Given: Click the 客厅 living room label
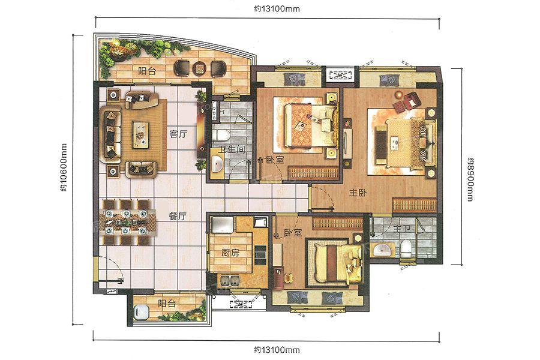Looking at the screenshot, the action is (178, 134).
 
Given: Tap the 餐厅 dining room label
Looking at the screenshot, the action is (178, 217).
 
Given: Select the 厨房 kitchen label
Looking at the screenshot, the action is (230, 253).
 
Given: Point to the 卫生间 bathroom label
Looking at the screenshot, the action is (232, 149).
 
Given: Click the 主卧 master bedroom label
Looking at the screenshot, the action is (358, 193).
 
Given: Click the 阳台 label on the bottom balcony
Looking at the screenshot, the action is (167, 304).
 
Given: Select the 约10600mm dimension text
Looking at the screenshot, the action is (64, 167).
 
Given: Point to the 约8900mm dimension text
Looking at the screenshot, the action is (470, 179).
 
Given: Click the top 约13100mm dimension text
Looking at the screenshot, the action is (277, 9).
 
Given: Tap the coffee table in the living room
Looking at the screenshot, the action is (141, 134).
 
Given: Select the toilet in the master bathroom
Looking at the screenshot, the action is (406, 248).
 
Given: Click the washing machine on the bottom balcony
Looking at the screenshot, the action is (141, 313).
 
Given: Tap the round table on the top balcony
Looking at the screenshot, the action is (199, 68).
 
